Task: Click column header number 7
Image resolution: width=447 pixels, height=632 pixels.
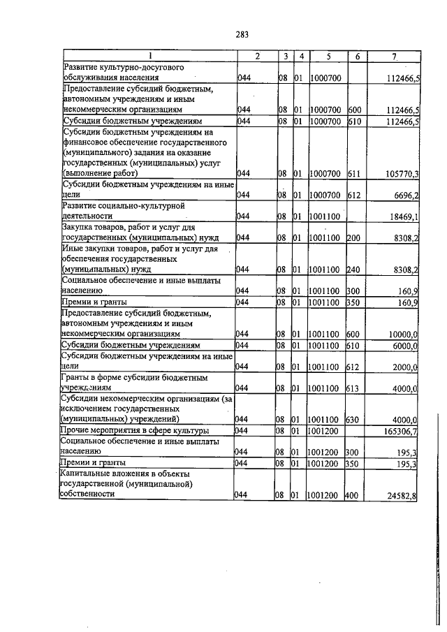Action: pyautogui.click(x=395, y=55)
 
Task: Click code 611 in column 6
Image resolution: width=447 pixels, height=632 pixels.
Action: pyautogui.click(x=353, y=172)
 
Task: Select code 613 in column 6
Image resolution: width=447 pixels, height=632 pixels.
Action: pyautogui.click(x=353, y=388)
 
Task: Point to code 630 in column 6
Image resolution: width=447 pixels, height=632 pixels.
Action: pyautogui.click(x=353, y=420)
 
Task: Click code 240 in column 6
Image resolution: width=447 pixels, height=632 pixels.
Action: pyautogui.click(x=353, y=268)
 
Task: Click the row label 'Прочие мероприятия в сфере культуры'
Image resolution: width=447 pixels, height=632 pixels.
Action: pyautogui.click(x=132, y=431)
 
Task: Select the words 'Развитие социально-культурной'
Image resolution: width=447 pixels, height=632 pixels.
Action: pyautogui.click(x=123, y=207)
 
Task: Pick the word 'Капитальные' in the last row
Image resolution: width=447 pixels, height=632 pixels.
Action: pyautogui.click(x=88, y=474)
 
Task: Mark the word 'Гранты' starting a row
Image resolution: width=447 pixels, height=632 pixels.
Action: pyautogui.click(x=75, y=378)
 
